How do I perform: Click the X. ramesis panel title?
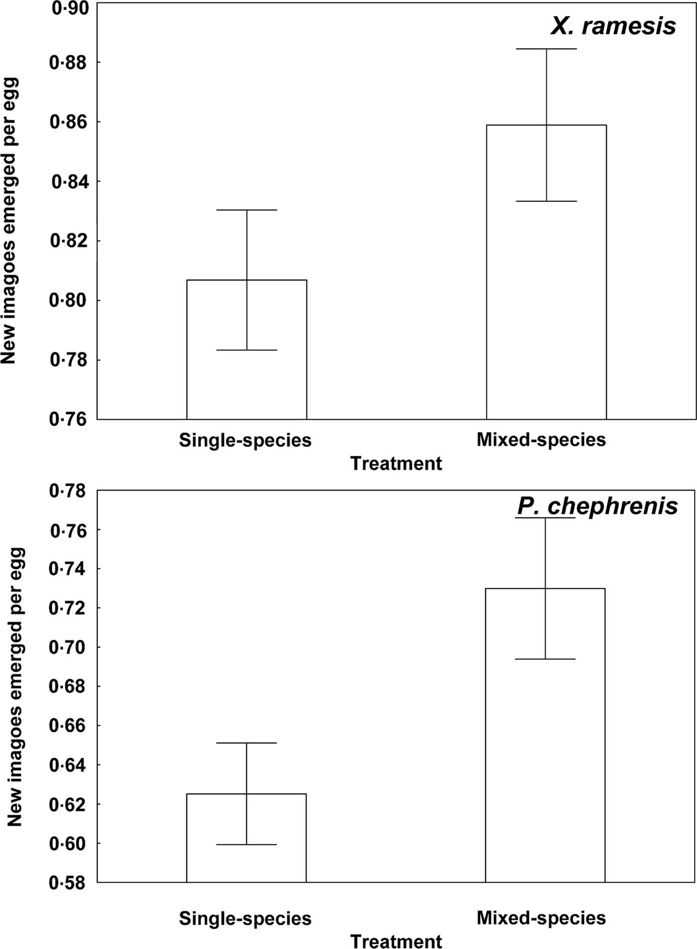[x=613, y=26]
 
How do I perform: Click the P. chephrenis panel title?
[x=597, y=506]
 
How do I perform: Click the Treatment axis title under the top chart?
[x=396, y=463]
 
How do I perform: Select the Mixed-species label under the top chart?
[x=541, y=439]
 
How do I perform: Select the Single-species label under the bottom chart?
[x=245, y=918]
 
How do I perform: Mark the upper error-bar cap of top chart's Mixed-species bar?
[x=546, y=49]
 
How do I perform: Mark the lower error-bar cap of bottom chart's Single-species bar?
[x=246, y=844]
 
